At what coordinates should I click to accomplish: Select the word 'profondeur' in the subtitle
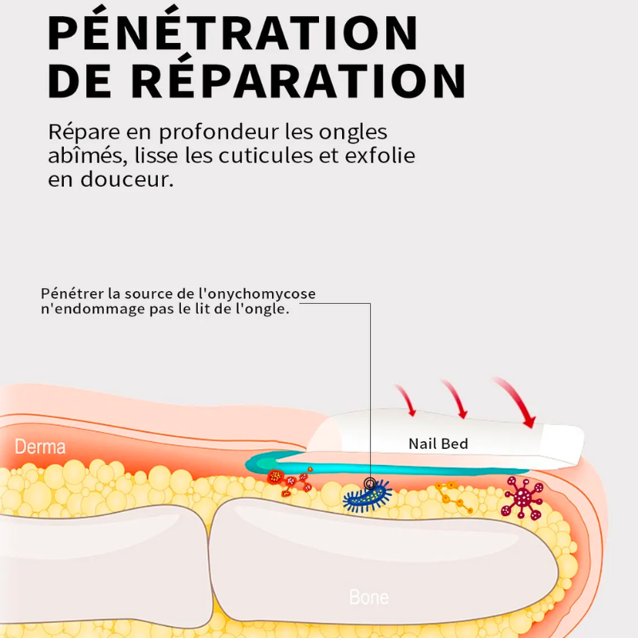click(219, 133)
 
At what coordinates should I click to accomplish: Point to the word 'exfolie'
click(380, 156)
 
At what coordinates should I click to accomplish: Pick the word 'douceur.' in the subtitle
click(127, 179)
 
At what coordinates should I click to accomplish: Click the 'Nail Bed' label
click(438, 444)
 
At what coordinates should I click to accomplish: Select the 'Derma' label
click(40, 447)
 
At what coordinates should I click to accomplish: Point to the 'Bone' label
click(369, 597)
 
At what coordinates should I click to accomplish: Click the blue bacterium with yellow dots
click(368, 496)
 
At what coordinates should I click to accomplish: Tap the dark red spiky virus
click(522, 497)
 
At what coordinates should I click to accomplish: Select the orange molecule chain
click(454, 496)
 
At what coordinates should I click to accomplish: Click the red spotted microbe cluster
click(289, 482)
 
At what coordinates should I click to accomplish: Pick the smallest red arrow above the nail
click(406, 400)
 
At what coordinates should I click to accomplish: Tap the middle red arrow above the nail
click(455, 397)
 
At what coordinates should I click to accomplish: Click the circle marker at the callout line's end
click(370, 483)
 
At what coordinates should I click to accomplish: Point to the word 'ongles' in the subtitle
click(353, 133)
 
